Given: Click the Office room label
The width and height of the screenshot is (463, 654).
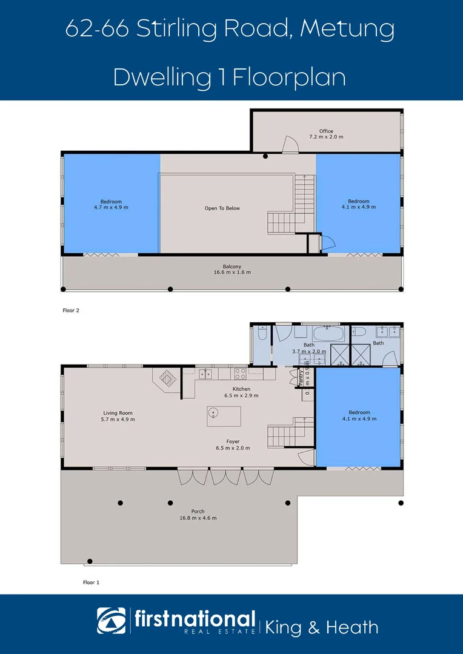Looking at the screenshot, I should tap(326, 131).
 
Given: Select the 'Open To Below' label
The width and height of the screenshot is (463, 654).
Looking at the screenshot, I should tap(222, 208).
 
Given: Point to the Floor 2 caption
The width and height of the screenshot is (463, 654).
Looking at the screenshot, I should tap(71, 310).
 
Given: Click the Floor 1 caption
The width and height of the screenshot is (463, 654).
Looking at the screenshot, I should tap(90, 582).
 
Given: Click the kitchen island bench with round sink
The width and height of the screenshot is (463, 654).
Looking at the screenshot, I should tap(223, 416).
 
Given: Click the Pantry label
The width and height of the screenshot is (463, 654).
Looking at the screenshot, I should tap(301, 377).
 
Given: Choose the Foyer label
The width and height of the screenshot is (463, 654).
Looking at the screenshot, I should tap(233, 441).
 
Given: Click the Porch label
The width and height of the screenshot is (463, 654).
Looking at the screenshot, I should tap(198, 511).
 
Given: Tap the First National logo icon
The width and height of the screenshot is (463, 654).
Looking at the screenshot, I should tap(112, 621).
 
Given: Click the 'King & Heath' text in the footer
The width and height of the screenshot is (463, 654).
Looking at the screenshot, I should tap(322, 627).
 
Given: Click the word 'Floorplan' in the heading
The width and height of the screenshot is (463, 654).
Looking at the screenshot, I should tap(289, 78).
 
